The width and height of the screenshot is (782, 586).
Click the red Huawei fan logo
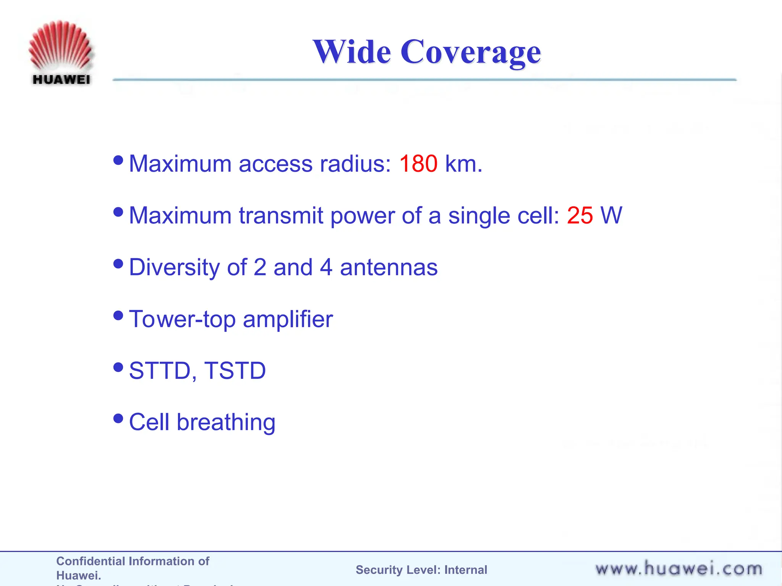[60, 46]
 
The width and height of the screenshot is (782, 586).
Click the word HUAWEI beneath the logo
[61, 80]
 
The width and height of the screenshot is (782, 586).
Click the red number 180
[418, 164]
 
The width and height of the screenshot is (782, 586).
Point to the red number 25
[580, 215]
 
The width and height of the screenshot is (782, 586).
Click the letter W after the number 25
[611, 215]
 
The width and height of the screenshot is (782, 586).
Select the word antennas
[388, 267]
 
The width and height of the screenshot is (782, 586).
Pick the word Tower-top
[182, 319]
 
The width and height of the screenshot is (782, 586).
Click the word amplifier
[288, 319]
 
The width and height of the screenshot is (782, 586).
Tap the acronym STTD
[160, 370]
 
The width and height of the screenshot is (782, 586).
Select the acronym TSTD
[235, 370]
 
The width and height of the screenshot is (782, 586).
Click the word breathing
[226, 422]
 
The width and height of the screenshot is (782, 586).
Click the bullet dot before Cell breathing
[118, 419]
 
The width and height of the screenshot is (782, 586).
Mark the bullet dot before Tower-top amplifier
[118, 315]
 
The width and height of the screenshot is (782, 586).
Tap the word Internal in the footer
[465, 570]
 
